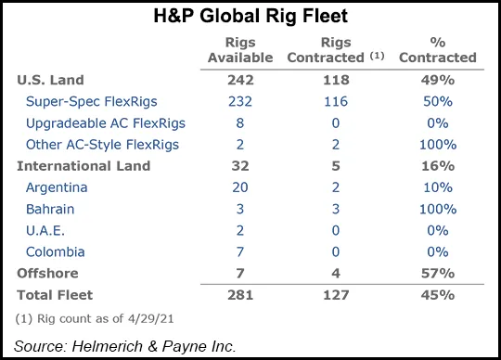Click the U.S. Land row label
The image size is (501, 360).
click(x=50, y=80)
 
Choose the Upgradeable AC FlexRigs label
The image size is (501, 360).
click(x=106, y=122)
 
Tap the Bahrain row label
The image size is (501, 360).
click(x=52, y=209)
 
